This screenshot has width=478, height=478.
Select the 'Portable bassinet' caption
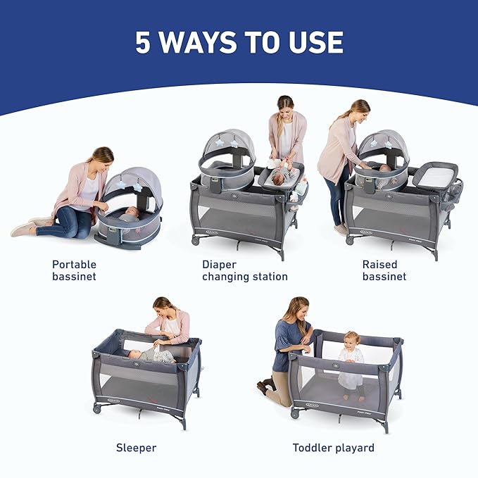(74, 270)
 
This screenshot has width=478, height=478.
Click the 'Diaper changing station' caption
(245, 270)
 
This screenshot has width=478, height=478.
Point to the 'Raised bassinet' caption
(384, 270)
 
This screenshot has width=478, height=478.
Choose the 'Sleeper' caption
(136, 447)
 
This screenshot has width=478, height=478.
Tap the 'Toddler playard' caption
(334, 447)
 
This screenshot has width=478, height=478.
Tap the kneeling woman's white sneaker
(23, 229)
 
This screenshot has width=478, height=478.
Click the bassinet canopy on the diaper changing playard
(227, 148)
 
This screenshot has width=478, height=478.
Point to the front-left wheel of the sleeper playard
(96, 408)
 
